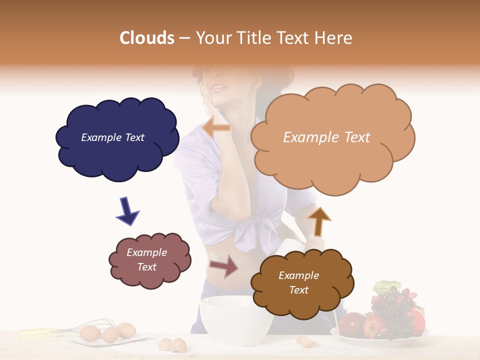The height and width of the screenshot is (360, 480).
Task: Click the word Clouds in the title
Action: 147,38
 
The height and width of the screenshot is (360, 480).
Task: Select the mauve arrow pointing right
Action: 224,266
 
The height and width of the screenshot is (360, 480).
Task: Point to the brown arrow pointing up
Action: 318,220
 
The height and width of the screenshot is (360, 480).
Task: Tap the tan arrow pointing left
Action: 216,127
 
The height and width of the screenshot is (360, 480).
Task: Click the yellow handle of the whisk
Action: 37,332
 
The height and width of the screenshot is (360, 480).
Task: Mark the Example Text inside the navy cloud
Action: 112,137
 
